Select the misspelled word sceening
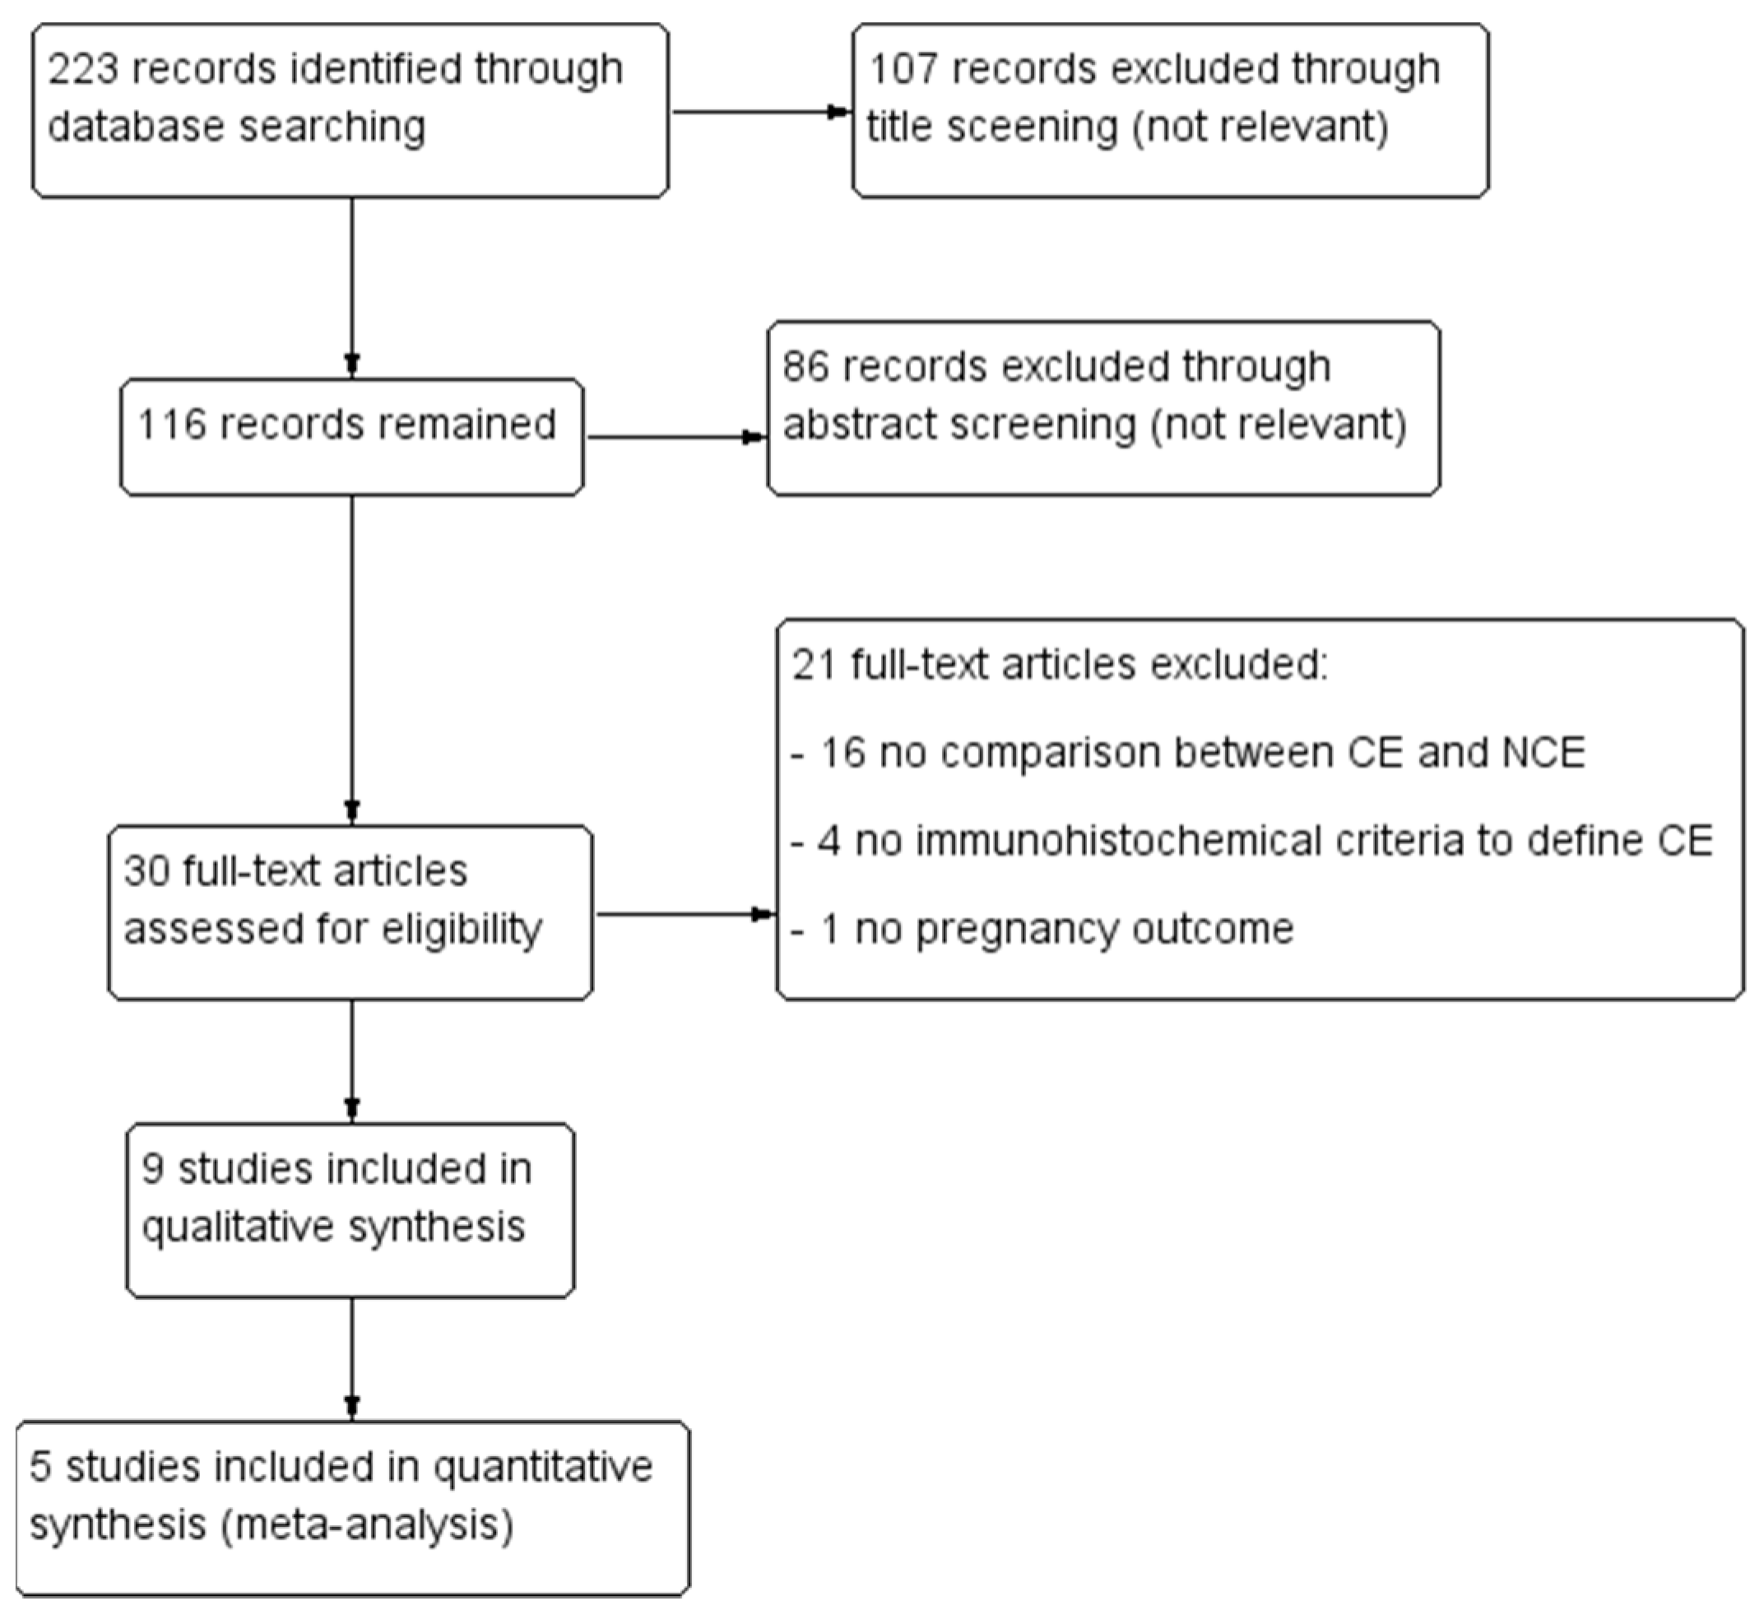pos(1032,128)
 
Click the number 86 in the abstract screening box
pos(805,366)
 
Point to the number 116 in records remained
pos(171,425)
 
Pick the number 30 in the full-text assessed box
pos(146,871)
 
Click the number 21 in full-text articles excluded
pos(813,665)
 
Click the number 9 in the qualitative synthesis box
pos(153,1169)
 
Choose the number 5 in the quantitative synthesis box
pos(40,1466)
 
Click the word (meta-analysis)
pos(367,1525)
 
